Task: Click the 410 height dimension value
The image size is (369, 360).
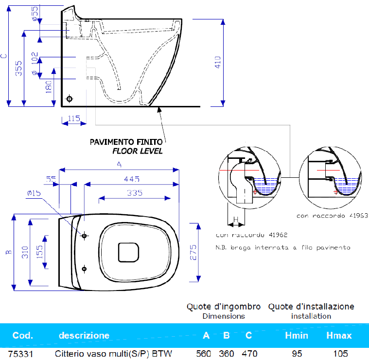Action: (218, 62)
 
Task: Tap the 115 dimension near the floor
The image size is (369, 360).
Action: (74, 118)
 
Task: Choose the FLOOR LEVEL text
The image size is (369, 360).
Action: (138, 151)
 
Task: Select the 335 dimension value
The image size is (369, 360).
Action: (135, 193)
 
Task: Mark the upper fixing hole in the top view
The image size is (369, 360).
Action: (85, 236)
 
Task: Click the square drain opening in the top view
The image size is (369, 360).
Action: (129, 252)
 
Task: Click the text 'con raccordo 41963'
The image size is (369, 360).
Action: (332, 215)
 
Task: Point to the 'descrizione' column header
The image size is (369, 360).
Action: (84, 335)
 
